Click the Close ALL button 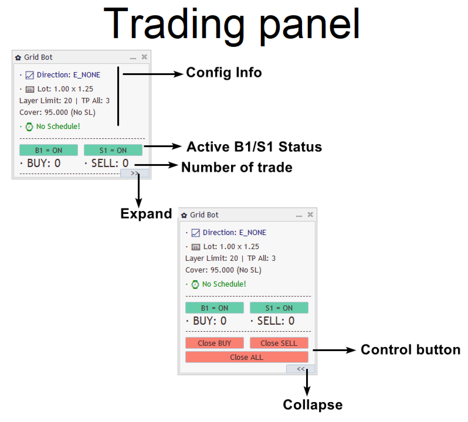[246, 357]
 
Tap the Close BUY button [214, 343]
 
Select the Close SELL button [279, 343]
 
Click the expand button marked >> [135, 173]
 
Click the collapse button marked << [300, 369]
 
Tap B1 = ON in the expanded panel [214, 308]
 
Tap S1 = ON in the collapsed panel [113, 150]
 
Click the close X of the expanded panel [310, 215]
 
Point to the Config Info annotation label [224, 73]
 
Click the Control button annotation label [411, 349]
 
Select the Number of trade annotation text [237, 167]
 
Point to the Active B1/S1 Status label [255, 147]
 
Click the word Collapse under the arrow [313, 404]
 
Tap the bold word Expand [146, 214]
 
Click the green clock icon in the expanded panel [195, 284]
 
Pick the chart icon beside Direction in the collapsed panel [29, 75]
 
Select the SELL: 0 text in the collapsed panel [110, 163]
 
